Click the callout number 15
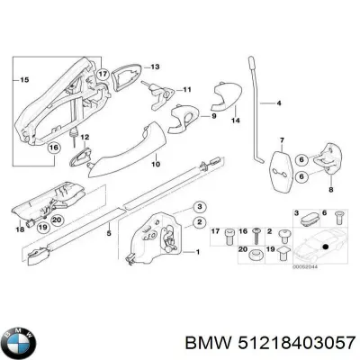tap(12, 81)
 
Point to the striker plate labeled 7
tap(279, 166)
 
